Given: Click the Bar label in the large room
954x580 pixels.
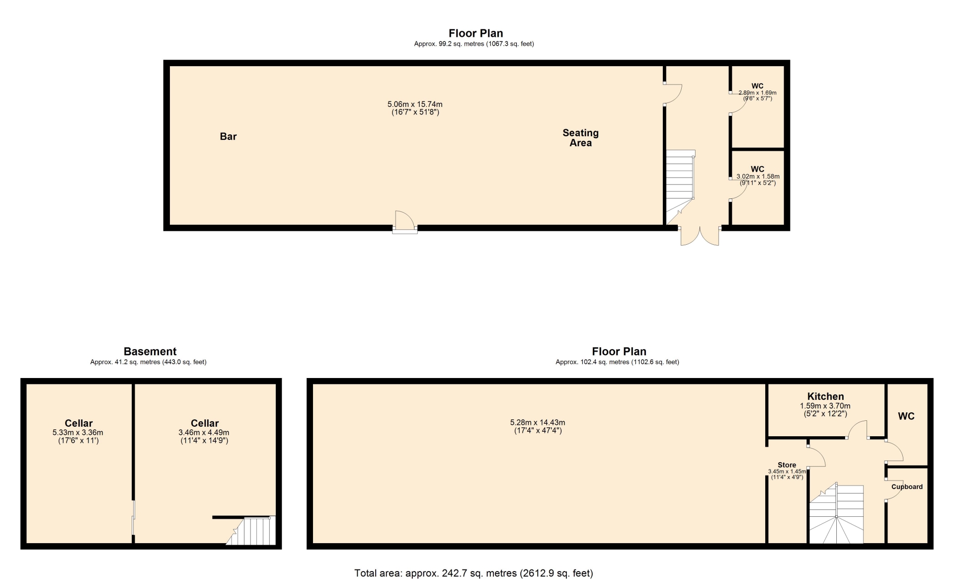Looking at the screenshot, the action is click(x=228, y=136).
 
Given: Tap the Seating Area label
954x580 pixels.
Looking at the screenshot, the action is click(x=580, y=138).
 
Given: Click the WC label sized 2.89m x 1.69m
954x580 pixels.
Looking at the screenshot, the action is click(x=757, y=86).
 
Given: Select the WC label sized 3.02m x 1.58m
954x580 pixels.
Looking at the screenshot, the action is click(x=757, y=169).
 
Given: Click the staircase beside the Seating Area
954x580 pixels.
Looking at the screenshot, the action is click(x=680, y=187).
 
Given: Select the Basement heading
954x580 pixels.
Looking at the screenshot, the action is click(x=150, y=352).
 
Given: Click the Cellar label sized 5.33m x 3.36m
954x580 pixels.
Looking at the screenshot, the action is click(x=79, y=423).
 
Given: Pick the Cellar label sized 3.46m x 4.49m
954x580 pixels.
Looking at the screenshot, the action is click(x=205, y=423).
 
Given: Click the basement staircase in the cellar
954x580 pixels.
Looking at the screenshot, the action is click(x=251, y=531).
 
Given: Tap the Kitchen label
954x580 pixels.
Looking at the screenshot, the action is click(x=825, y=396).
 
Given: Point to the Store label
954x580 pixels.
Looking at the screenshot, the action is click(x=787, y=465).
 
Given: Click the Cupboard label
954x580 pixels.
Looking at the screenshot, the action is click(x=907, y=487).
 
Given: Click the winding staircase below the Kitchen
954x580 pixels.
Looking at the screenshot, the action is click(x=837, y=513).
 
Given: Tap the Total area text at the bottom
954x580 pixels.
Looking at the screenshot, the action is click(x=474, y=573).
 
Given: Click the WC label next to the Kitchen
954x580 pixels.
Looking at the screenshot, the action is click(x=906, y=416).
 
